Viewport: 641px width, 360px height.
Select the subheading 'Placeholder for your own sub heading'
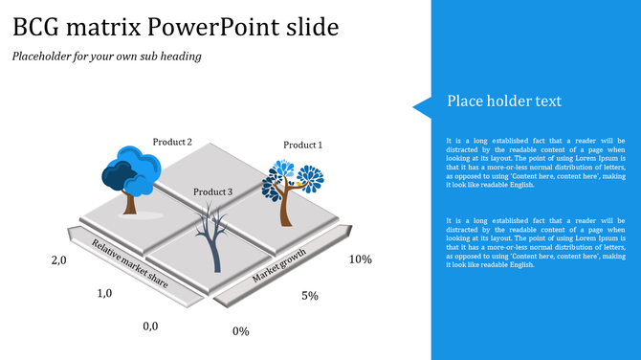106,56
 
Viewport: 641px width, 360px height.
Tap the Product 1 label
302,146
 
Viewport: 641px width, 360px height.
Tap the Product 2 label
172,143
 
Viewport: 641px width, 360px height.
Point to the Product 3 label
212,192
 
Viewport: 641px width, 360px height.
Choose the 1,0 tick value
106,294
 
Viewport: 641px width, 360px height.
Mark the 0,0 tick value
150,326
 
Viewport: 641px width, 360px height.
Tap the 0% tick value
241,331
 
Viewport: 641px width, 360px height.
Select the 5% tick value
310,296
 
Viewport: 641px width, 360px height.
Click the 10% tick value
360,259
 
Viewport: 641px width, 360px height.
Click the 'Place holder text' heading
504,101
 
